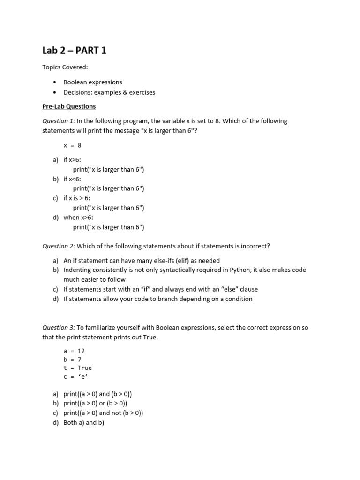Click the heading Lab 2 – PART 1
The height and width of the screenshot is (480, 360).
click(x=74, y=50)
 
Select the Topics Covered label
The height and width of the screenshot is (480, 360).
click(x=65, y=67)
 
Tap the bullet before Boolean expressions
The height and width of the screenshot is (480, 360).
click(x=55, y=82)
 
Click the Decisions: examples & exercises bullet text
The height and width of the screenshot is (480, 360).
click(x=109, y=92)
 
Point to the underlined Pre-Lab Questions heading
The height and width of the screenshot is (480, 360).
click(x=69, y=106)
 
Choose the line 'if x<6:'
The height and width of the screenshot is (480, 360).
click(x=72, y=179)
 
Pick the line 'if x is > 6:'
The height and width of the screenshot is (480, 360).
click(x=77, y=198)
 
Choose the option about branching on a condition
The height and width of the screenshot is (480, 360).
click(x=157, y=299)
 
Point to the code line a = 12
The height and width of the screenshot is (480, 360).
click(x=74, y=351)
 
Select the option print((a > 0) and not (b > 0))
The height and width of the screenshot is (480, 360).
click(x=103, y=413)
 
